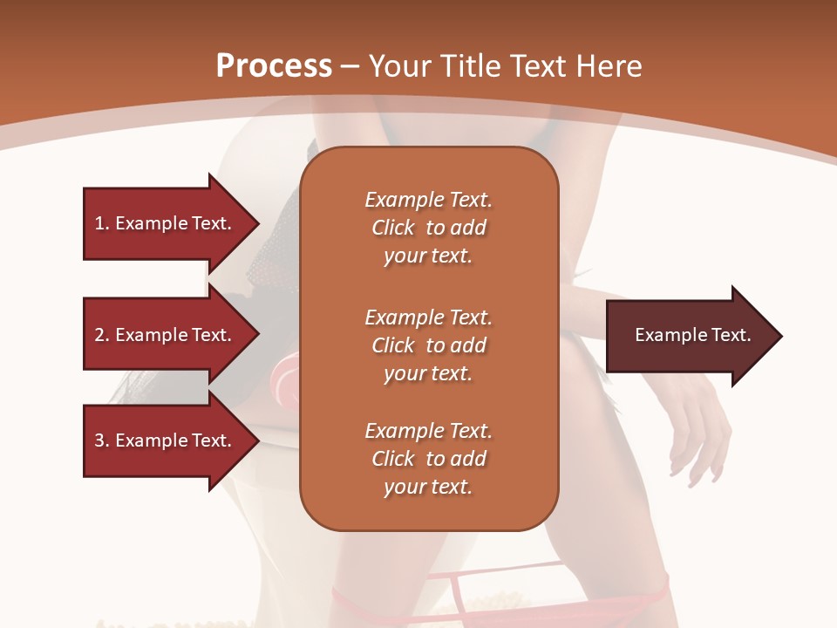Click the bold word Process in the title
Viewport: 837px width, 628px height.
(x=274, y=66)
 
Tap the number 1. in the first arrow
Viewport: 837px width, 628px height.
(x=102, y=223)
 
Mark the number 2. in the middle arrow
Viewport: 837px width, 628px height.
(x=102, y=335)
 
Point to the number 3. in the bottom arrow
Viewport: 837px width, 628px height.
(x=102, y=441)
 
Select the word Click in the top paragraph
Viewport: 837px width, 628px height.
(x=393, y=229)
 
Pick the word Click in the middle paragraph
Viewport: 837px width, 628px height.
(x=393, y=346)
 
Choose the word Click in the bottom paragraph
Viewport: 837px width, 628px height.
(x=393, y=460)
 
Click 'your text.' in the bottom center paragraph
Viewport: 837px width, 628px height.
(x=428, y=488)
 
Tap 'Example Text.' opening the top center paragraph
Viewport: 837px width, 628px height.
(x=428, y=200)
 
